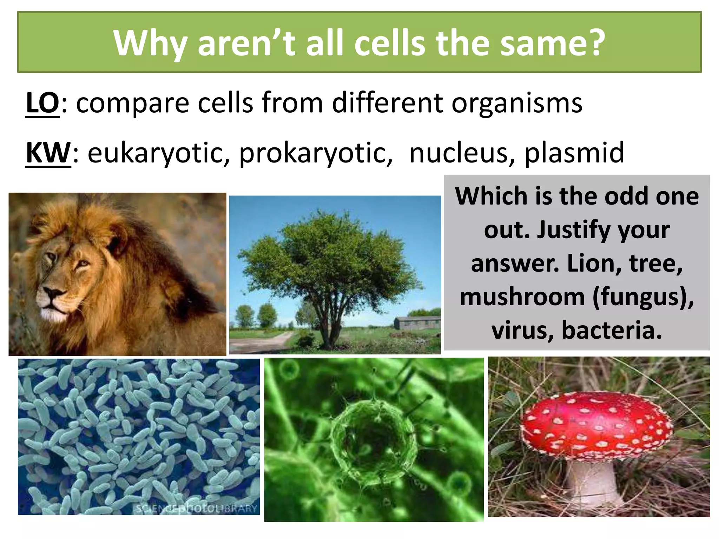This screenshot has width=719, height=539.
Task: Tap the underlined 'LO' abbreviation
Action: (x=42, y=103)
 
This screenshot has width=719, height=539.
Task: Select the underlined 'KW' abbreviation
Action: (x=48, y=153)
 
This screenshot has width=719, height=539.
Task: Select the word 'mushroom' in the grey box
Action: (x=522, y=297)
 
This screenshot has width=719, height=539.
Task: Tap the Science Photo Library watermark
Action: (x=197, y=508)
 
